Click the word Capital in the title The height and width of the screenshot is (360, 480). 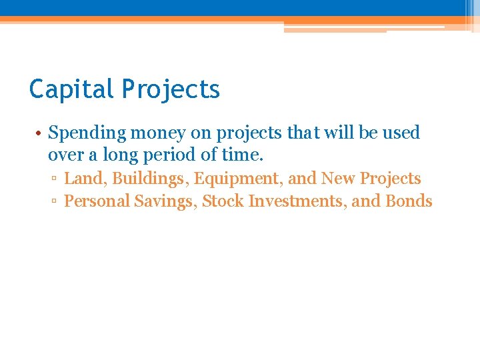[x=72, y=89]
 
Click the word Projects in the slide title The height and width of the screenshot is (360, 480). [x=171, y=89]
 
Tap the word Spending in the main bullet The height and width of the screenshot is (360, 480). [x=87, y=133]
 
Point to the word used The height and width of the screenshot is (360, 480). [x=401, y=133]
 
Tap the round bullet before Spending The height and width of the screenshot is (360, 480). [x=40, y=133]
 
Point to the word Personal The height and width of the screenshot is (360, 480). [x=97, y=201]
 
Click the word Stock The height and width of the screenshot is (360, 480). [x=223, y=201]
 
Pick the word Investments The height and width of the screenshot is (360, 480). [x=297, y=201]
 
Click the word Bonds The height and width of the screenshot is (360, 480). [x=409, y=201]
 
